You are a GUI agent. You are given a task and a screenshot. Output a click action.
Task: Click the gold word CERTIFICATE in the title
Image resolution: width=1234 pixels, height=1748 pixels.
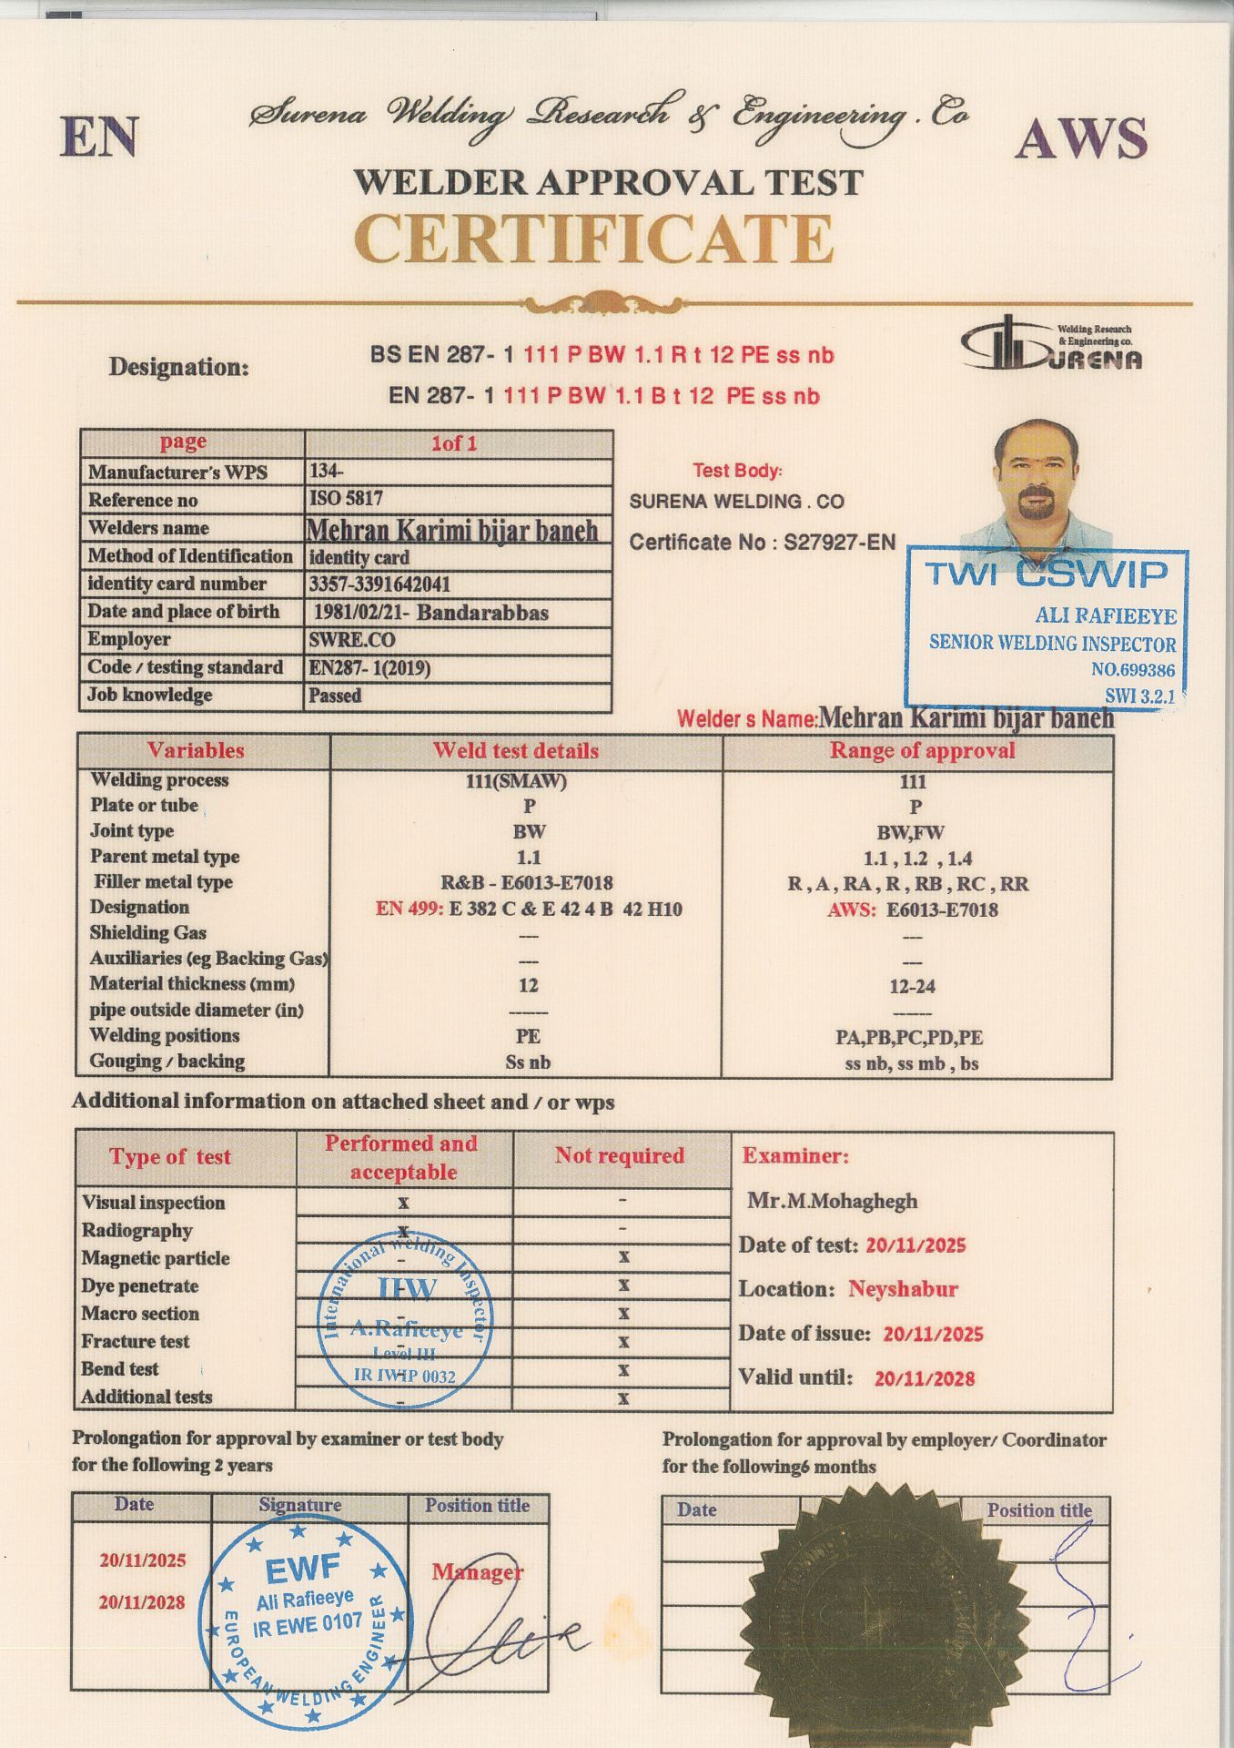click(x=593, y=239)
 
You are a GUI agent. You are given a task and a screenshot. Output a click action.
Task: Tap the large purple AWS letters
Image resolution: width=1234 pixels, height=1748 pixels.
click(x=1080, y=139)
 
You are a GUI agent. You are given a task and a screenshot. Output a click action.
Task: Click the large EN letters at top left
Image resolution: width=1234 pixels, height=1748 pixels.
click(x=99, y=137)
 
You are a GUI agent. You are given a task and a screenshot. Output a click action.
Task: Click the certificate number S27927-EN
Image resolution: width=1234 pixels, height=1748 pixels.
click(x=839, y=543)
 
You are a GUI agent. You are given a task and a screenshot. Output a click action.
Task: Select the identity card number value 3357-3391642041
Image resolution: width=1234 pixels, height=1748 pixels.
click(x=379, y=584)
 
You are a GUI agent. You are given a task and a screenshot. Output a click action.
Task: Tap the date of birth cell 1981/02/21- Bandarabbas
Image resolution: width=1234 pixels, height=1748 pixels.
click(x=430, y=612)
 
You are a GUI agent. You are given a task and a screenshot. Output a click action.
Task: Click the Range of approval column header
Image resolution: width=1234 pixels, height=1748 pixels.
click(x=921, y=751)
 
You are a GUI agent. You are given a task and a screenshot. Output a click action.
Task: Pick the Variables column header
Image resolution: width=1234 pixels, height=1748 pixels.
click(x=196, y=751)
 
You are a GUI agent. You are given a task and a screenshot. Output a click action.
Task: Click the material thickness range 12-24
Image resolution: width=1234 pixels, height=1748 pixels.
click(x=912, y=986)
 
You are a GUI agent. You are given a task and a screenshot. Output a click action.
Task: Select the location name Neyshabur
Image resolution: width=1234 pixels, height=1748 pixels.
click(x=903, y=1289)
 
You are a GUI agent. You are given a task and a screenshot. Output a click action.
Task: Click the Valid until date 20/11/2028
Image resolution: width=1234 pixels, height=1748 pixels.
click(x=924, y=1378)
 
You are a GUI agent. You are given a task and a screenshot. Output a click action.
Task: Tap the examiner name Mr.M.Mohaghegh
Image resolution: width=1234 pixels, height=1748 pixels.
click(x=832, y=1201)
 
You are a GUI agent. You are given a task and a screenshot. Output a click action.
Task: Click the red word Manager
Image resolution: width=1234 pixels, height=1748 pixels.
click(x=478, y=1571)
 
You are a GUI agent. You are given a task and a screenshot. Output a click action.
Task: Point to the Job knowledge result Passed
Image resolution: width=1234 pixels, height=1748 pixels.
click(x=335, y=696)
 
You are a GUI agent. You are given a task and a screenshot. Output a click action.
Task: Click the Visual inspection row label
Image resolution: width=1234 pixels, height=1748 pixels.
click(x=153, y=1203)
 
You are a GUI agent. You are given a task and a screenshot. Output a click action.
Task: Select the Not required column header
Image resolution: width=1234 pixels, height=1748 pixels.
click(x=620, y=1155)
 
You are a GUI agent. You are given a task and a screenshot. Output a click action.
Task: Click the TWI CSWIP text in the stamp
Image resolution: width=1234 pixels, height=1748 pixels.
click(x=1045, y=574)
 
